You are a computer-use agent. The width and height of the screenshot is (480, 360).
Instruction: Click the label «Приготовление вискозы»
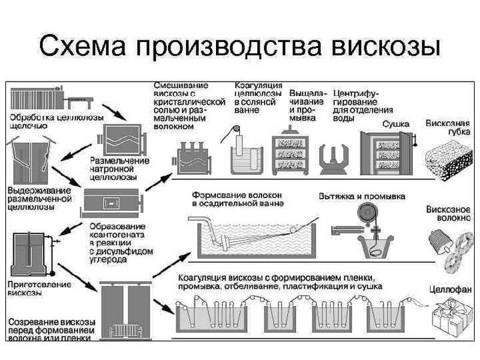tap(38, 289)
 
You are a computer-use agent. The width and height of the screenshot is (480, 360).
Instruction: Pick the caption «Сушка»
tap(396, 124)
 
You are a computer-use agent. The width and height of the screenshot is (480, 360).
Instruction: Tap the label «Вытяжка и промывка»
tap(361, 196)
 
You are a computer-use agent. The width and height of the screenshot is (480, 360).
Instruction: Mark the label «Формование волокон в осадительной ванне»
tap(236, 199)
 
